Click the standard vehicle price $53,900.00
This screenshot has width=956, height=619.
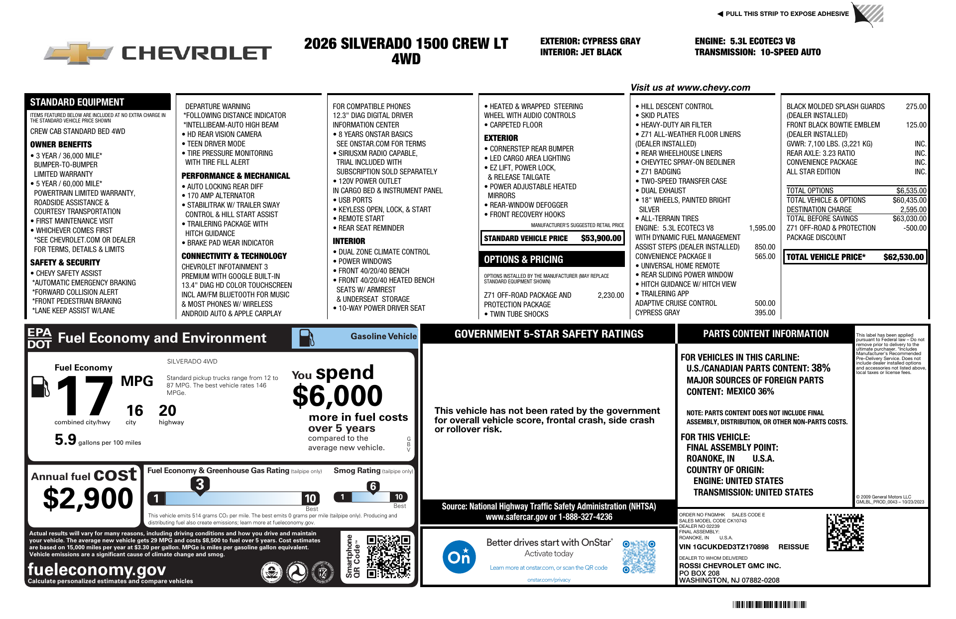click(601, 238)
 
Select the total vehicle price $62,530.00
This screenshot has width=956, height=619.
click(903, 257)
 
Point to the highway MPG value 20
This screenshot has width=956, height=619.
click(167, 410)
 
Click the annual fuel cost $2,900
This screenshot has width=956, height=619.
click(88, 498)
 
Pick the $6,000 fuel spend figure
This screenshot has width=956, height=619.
click(337, 396)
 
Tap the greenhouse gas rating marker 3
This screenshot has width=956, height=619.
click(200, 484)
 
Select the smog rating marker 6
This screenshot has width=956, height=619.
click(373, 487)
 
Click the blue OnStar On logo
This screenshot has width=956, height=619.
click(459, 556)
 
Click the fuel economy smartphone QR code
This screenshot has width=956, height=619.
click(388, 556)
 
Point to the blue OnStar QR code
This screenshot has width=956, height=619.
click(639, 557)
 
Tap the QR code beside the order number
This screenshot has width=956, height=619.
click(845, 532)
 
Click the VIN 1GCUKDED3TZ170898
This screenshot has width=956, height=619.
click(724, 547)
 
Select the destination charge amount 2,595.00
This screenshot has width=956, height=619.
click(913, 210)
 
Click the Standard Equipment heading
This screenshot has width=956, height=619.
click(77, 102)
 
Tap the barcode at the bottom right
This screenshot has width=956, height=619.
click(769, 605)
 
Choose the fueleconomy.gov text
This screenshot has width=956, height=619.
click(97, 569)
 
